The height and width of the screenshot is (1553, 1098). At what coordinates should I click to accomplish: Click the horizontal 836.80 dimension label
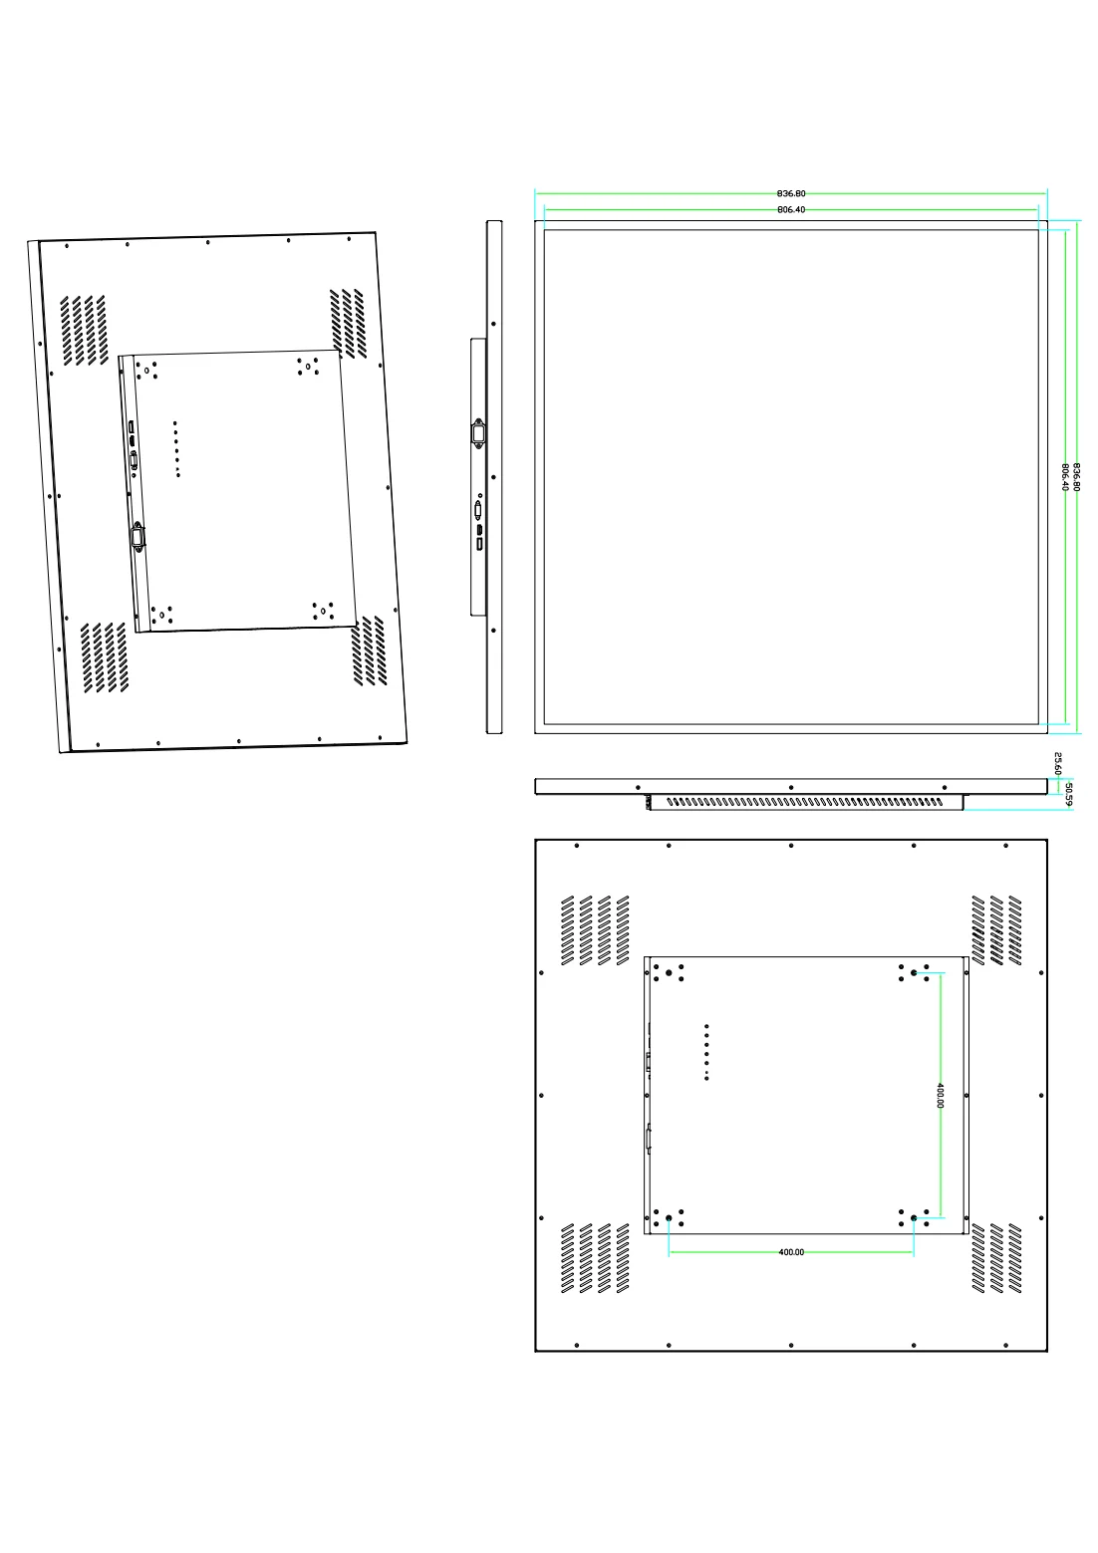coord(791,193)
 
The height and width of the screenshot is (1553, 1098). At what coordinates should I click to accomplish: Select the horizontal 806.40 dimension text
coord(791,209)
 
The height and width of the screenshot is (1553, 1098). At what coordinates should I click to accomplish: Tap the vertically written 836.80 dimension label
coord(1076,477)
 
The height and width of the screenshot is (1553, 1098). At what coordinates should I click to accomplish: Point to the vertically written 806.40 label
coord(1065,477)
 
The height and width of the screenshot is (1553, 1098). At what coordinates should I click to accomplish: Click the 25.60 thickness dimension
coord(1058,763)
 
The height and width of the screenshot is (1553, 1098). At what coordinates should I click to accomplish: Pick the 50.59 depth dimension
coord(1069,795)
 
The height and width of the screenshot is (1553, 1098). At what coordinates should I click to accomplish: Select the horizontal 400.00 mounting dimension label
coord(791,1252)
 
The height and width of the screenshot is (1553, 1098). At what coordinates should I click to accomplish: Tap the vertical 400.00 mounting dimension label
coord(940,1096)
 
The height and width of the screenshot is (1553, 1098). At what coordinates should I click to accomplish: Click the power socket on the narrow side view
coord(478,433)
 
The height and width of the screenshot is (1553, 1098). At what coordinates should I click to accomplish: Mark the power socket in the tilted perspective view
coord(137,537)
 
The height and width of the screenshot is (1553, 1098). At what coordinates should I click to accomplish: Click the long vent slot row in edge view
coord(805,802)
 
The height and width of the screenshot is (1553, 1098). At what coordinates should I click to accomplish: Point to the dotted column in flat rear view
coord(706,1052)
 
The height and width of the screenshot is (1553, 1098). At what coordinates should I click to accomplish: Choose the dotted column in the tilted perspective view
coord(176,448)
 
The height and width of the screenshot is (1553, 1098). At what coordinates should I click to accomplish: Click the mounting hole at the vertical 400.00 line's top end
coord(914,972)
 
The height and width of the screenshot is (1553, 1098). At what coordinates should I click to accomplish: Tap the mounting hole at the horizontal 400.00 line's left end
coord(669,1218)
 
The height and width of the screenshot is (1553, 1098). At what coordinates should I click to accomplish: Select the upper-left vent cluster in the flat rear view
coord(595,930)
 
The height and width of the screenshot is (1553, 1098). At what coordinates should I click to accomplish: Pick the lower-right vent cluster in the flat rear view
coord(996,1258)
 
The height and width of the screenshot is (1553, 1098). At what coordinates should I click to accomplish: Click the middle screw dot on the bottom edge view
coord(791,788)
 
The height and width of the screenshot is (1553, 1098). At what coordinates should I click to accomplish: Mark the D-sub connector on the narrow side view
coord(478,510)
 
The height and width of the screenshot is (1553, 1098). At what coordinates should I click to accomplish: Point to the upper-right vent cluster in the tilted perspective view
coord(348,324)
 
